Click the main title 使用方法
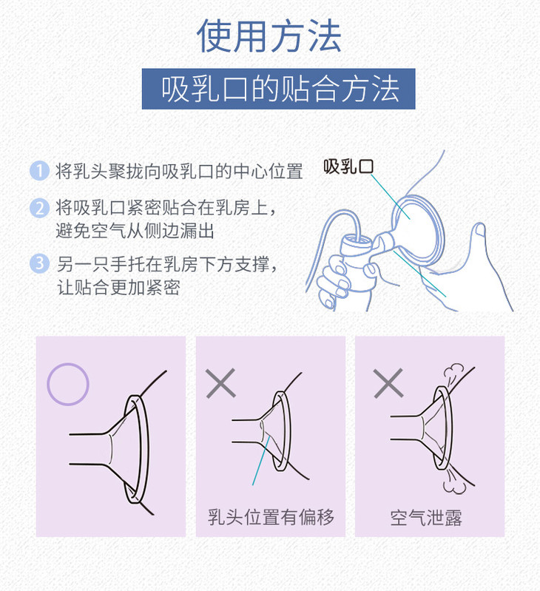(269, 36)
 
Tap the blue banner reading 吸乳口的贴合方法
(278, 89)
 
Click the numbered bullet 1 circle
(39, 171)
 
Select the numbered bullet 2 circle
(39, 208)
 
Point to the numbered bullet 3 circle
(39, 263)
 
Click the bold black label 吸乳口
(348, 166)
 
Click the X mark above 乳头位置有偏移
(221, 383)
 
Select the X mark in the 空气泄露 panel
(388, 383)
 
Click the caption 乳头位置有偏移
(271, 517)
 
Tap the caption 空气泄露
(426, 518)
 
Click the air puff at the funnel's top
(453, 372)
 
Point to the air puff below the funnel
(453, 482)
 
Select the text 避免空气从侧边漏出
(135, 231)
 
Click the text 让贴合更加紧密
(118, 287)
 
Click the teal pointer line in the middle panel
(261, 461)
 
